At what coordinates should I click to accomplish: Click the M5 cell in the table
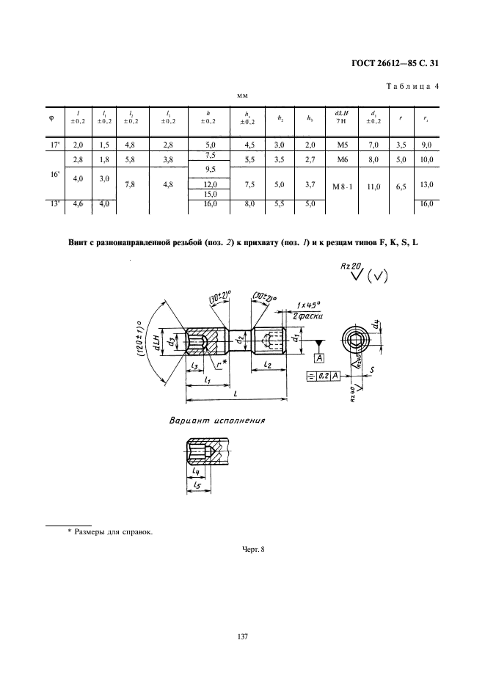point(339,145)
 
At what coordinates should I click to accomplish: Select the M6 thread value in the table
point(339,159)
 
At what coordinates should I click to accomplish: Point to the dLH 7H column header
point(339,117)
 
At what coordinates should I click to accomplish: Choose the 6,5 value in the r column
point(400,187)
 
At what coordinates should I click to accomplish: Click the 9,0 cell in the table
point(427,145)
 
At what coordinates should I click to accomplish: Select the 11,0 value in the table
point(373,187)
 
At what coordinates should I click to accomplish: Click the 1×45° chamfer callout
point(312,305)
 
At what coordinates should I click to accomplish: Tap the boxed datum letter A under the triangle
point(319,357)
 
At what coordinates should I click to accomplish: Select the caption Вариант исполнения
point(217,421)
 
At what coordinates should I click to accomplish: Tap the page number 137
point(243,637)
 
